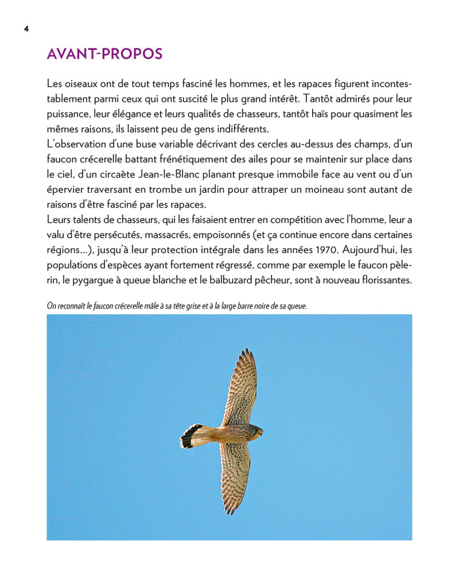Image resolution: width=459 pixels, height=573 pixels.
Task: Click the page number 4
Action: pos(26,29)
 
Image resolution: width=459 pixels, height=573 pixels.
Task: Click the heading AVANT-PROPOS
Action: pos(104,54)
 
